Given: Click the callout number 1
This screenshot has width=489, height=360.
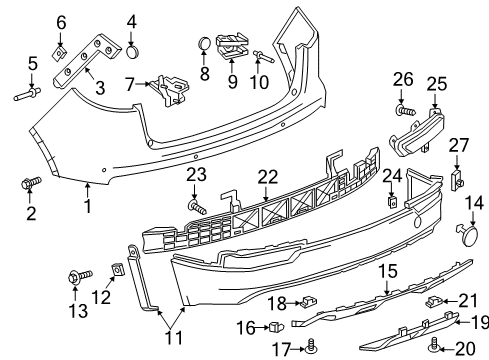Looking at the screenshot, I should (87, 207).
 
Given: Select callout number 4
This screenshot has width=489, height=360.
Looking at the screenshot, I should (132, 20).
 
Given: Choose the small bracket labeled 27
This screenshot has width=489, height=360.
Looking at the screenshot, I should (460, 179).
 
